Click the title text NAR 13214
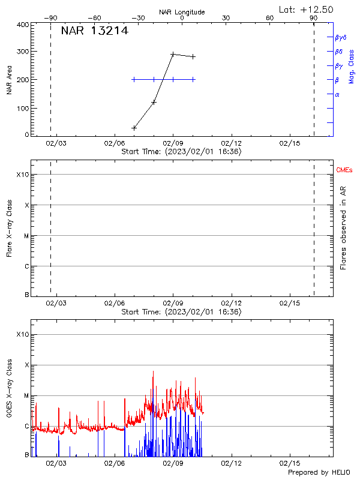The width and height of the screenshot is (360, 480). [94, 31]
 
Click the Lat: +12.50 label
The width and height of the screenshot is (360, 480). [307, 9]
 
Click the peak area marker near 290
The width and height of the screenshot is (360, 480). [173, 54]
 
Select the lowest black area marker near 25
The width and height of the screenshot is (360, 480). [134, 128]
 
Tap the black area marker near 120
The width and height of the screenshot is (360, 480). [154, 102]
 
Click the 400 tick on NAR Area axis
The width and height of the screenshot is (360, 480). [23, 25]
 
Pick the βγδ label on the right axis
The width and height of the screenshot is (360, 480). [341, 37]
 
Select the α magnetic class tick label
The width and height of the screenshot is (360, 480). [337, 94]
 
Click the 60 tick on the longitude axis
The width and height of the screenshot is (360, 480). [270, 18]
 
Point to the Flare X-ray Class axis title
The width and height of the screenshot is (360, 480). [9, 229]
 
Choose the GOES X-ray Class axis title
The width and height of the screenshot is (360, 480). [9, 389]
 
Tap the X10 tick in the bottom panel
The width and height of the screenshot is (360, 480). [22, 334]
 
